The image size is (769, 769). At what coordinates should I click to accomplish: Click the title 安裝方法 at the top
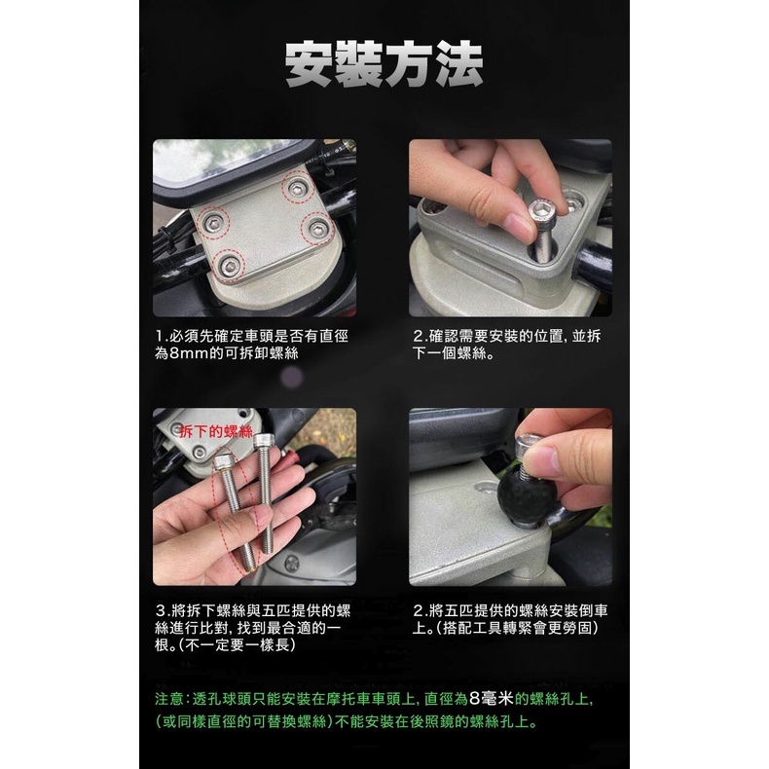[384, 64]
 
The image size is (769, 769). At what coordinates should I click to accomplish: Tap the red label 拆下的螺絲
[216, 431]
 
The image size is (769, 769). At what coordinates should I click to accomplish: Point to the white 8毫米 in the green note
[492, 698]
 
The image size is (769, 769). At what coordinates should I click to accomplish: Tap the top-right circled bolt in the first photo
[297, 188]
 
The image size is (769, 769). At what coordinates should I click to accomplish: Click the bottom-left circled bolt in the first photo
[229, 267]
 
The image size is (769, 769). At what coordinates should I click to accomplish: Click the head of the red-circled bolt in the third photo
[224, 461]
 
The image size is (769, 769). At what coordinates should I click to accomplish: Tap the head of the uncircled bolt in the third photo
[264, 441]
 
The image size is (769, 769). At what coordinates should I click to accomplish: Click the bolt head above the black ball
[529, 445]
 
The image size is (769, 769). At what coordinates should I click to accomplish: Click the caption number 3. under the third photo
[163, 611]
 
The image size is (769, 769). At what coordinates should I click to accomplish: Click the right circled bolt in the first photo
[318, 228]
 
